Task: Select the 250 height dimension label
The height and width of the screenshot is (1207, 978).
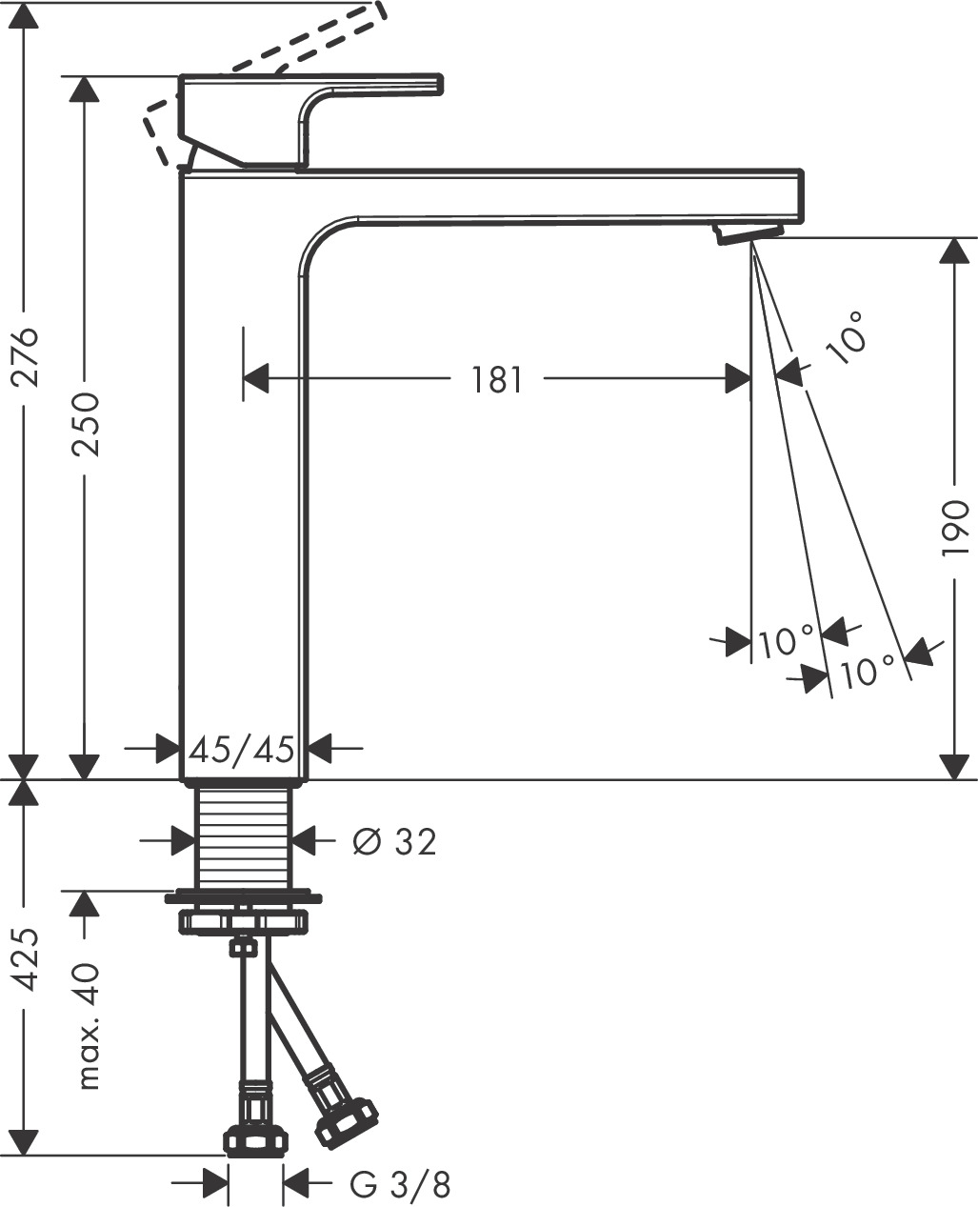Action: pos(87,423)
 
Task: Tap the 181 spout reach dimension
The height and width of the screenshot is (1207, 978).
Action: pos(497,380)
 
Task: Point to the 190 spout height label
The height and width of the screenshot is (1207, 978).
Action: pos(954,528)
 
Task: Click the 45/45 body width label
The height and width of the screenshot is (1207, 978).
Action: pos(241,750)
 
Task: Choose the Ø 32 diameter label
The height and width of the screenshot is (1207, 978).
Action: pos(394,841)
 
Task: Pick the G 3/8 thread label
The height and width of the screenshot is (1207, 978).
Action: pos(400,1185)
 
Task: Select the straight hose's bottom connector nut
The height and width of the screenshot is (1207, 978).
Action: pos(254,1138)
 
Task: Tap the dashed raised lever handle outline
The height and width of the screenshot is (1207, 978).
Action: pos(276,57)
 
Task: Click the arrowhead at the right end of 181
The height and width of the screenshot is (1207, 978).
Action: pos(738,379)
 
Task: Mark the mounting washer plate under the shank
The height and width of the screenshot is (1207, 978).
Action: pos(243,896)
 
